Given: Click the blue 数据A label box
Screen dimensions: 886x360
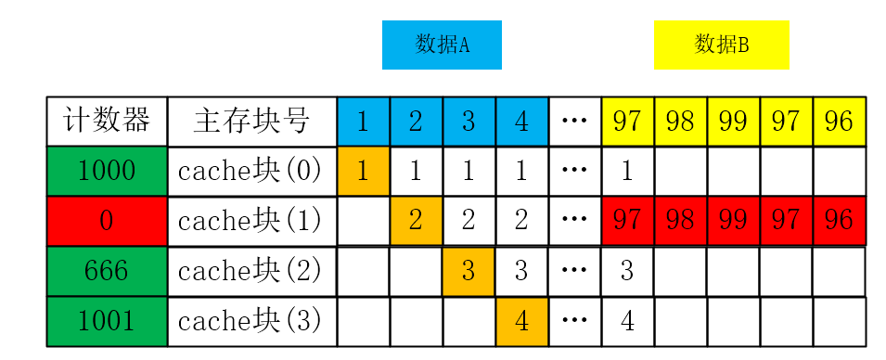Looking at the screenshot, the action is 442,45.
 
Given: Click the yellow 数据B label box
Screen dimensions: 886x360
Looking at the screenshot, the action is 721,45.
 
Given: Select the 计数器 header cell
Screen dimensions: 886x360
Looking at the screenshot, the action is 107,121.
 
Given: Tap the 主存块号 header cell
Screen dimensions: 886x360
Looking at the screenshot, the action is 251,121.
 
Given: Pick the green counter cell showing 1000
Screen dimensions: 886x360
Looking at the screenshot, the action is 107,171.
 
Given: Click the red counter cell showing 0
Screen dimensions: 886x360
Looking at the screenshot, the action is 107,221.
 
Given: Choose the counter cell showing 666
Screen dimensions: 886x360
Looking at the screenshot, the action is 107,271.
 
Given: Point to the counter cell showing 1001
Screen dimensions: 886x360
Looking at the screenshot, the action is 107,321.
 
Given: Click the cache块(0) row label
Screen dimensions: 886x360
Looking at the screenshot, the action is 251,171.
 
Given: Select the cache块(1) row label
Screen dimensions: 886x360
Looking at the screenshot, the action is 251,221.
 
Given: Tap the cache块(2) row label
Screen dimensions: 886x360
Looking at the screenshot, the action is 251,271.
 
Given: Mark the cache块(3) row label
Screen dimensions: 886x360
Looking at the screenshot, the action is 251,321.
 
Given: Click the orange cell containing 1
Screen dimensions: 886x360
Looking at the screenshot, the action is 363,171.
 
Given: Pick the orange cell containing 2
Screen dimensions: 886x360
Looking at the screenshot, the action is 416,221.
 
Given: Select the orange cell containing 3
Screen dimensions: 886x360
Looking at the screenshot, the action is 469,271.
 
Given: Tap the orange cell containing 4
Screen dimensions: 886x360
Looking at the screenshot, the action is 521,321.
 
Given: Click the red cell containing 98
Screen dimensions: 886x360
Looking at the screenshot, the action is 680,221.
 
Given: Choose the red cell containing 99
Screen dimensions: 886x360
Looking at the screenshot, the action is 733,221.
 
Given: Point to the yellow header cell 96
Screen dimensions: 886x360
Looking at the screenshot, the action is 839,121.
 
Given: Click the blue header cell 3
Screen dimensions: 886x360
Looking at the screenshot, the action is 469,121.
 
